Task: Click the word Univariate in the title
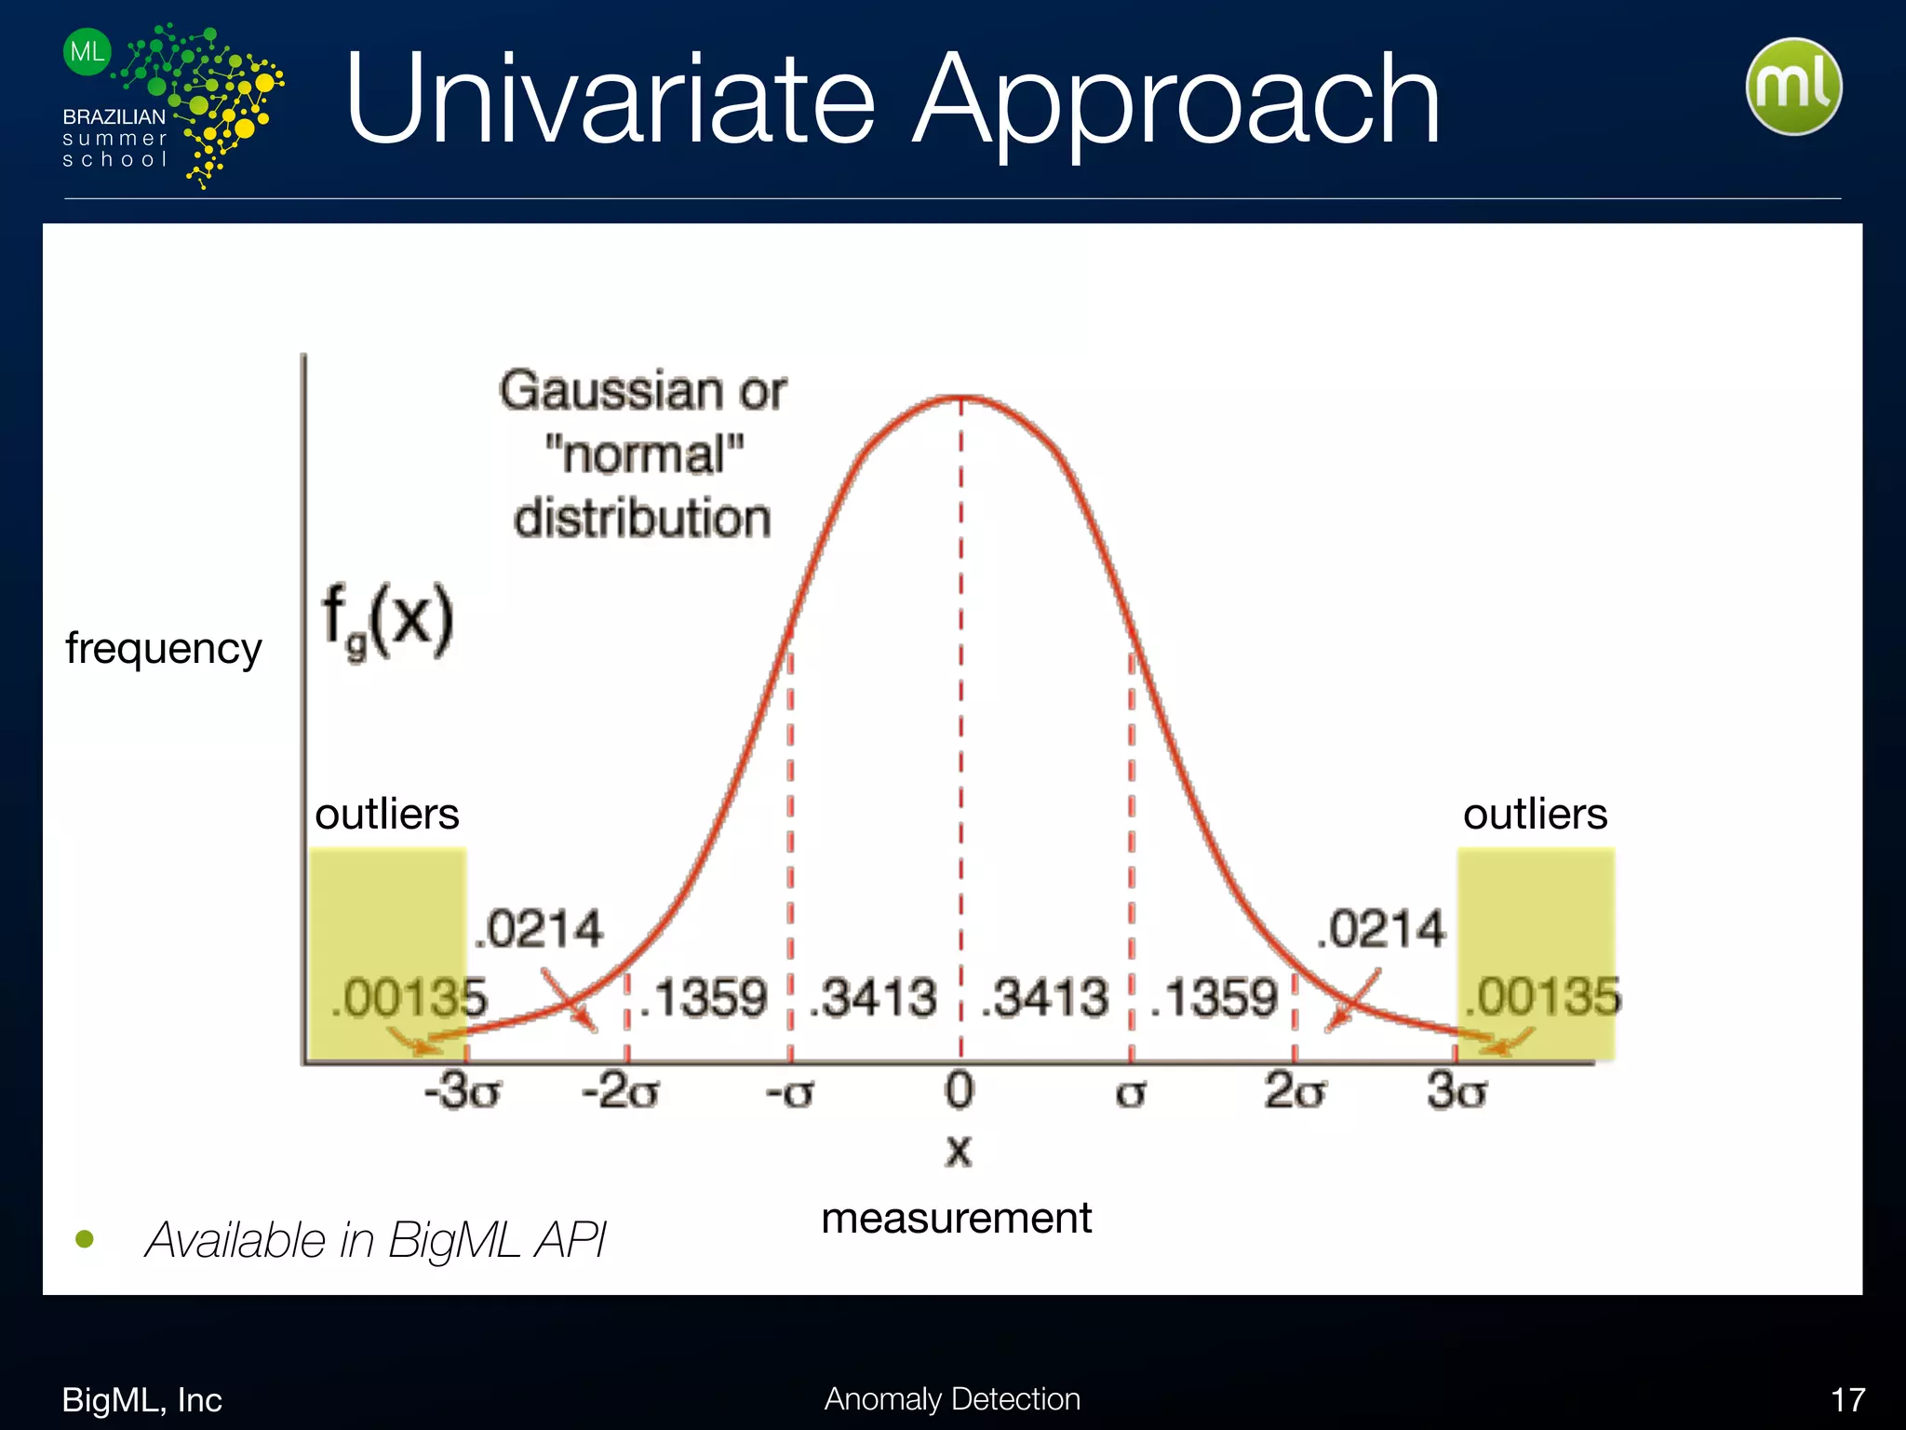(610, 101)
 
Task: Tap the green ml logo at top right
(1793, 87)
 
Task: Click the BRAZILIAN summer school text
(114, 138)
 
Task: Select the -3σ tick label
(463, 1091)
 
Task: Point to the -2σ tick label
(621, 1091)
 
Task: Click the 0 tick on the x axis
(960, 1090)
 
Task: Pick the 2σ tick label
(1295, 1091)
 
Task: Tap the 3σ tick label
(1457, 1091)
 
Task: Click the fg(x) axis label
(387, 619)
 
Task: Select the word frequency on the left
(164, 648)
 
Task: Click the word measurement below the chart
(956, 1218)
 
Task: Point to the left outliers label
(387, 814)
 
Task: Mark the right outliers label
(1535, 814)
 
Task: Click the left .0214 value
(539, 929)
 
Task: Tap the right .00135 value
(1542, 996)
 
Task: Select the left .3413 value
(873, 998)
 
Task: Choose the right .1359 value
(1215, 998)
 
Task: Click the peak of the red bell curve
(961, 398)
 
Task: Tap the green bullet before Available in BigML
(85, 1239)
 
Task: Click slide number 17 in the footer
(1847, 1399)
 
